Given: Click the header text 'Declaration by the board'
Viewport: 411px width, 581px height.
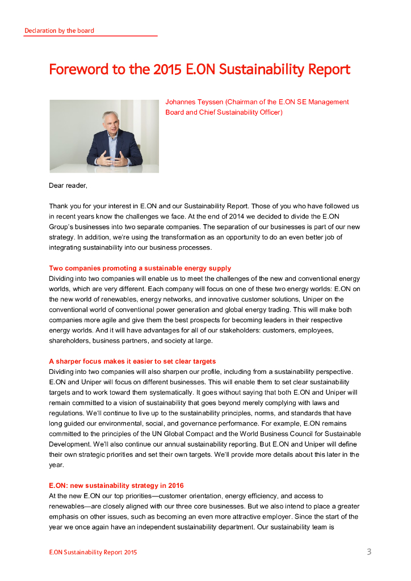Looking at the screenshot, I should tap(59, 31).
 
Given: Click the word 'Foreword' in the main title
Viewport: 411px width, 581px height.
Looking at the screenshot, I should tap(78, 70).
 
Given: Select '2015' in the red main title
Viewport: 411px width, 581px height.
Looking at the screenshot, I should tap(168, 70).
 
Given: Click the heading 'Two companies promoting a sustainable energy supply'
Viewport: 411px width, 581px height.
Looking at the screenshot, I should tap(140, 268).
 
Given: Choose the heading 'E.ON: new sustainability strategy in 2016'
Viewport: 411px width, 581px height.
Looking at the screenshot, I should tap(116, 486).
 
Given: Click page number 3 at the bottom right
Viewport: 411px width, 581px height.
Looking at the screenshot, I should tap(368, 551).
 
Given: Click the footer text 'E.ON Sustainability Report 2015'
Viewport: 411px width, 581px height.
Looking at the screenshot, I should tap(93, 552).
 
